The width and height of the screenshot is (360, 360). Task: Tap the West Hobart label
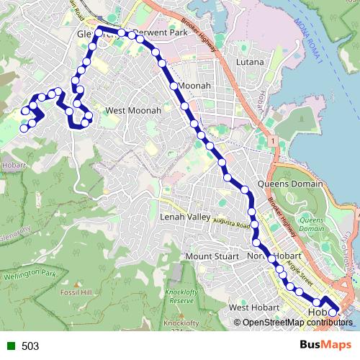click(253, 308)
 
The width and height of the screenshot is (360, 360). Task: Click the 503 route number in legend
click(30, 346)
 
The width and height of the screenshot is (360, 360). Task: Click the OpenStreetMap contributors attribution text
click(297, 323)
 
